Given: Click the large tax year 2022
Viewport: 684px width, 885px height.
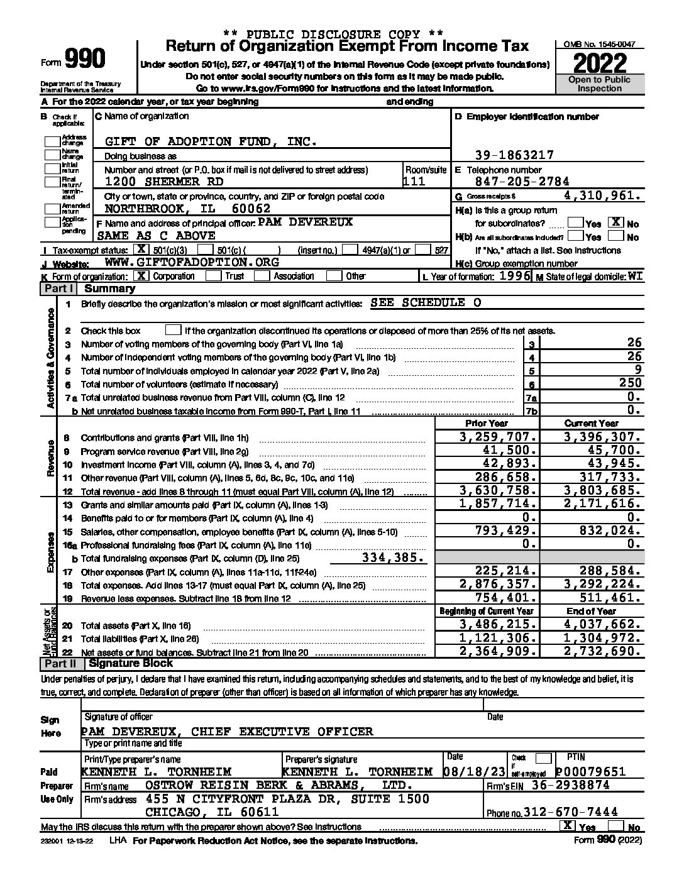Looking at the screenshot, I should click(x=600, y=63).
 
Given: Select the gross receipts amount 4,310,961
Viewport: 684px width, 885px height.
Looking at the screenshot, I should click(x=603, y=195).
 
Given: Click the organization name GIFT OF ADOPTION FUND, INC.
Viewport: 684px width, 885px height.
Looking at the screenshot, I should click(x=211, y=141).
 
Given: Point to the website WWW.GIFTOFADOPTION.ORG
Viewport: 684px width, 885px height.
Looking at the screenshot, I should click(x=192, y=262).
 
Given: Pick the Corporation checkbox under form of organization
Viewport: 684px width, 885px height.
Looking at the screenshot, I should click(x=143, y=275).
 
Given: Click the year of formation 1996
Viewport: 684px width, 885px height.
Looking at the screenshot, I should click(x=515, y=276).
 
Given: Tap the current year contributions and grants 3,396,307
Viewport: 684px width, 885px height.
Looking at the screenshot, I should click(x=603, y=437).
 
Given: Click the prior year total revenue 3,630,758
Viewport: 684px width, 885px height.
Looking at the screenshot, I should click(x=498, y=491).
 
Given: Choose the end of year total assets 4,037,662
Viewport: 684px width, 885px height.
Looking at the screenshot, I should click(x=603, y=625).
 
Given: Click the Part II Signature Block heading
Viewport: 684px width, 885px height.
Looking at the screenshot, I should click(x=130, y=663).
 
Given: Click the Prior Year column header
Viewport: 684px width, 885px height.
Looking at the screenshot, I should click(x=487, y=424).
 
